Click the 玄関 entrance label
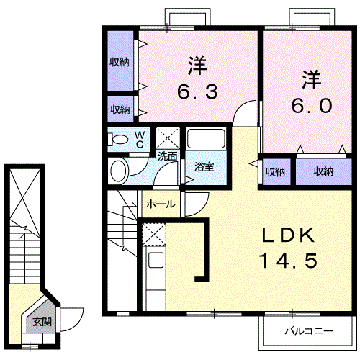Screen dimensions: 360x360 click(41, 322)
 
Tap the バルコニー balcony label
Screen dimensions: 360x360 click(307, 332)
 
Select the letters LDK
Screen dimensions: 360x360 click(287, 235)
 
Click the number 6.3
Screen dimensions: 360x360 click(197, 92)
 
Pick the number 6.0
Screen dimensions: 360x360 click(311, 105)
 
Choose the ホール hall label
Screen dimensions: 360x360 click(160, 204)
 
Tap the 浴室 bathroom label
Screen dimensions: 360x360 click(204, 166)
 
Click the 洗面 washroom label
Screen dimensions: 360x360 click(168, 155)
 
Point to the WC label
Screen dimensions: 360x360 click(140, 138)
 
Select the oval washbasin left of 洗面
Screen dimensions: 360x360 click(119, 170)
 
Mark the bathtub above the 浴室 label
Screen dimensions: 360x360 click(206, 139)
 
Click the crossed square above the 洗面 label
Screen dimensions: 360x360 click(168, 137)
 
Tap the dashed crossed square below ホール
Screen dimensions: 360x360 click(154, 235)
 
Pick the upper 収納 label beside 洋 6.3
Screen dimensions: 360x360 click(120, 62)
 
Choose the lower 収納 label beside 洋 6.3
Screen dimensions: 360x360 click(120, 109)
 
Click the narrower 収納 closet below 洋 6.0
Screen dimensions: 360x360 click(274, 171)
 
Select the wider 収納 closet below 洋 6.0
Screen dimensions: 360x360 click(323, 171)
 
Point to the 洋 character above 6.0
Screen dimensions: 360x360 click(310, 76)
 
